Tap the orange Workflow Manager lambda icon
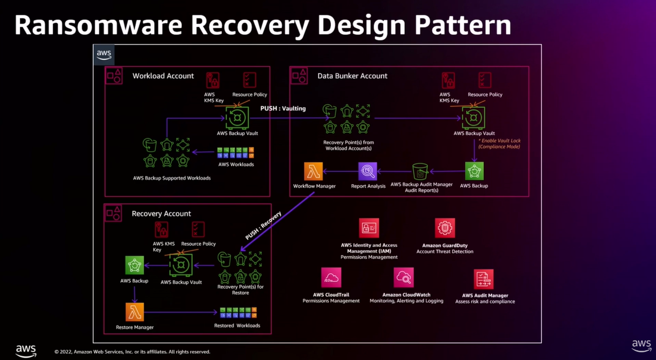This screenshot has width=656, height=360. point(313,171)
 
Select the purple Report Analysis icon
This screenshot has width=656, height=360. point(368,171)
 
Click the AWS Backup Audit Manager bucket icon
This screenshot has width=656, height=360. point(420,171)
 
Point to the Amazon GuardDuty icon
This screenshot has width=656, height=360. point(445,228)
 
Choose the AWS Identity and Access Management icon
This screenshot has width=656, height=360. point(369,228)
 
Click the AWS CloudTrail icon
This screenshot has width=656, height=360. point(331,278)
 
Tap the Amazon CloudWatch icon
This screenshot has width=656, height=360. point(404,278)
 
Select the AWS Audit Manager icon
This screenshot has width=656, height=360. point(484,279)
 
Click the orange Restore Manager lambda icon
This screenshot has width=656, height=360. point(135,312)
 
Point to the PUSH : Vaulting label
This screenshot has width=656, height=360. point(283,109)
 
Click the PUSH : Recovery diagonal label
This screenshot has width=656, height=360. point(263,225)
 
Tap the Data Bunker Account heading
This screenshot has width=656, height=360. point(352,76)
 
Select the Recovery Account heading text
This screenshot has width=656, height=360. point(161,213)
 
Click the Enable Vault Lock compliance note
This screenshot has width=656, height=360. point(499,143)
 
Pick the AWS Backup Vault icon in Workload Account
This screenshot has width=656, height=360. point(237,118)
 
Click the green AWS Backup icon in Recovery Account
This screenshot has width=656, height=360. point(134,265)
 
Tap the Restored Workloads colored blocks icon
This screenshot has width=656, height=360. point(238,313)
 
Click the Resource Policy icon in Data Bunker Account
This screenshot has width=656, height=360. point(485,80)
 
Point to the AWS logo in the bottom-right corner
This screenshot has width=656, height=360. point(641,345)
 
